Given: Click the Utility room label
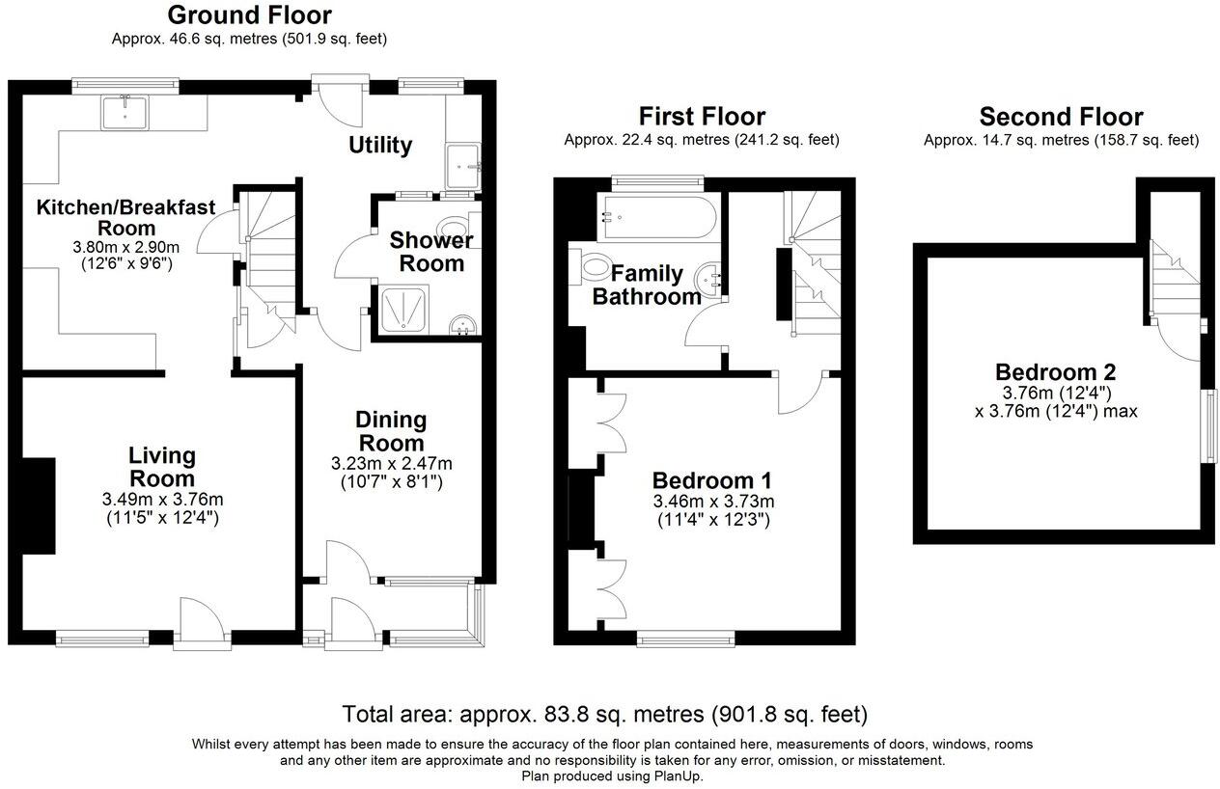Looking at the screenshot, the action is tap(380, 146).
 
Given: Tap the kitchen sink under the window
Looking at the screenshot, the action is tap(125, 112).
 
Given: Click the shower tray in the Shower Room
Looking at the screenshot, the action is tap(404, 310).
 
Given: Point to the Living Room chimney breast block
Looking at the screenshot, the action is tap(39, 505).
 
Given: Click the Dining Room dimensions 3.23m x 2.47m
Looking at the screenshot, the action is tap(391, 464).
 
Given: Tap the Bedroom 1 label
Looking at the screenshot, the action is tap(712, 480).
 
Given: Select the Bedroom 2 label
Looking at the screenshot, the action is tap(1056, 372).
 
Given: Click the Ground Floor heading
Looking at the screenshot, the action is tap(249, 15).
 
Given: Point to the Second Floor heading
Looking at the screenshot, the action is tap(1061, 117).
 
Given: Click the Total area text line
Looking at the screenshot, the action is tap(604, 715).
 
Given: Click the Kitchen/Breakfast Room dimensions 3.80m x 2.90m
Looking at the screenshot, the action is tap(125, 247).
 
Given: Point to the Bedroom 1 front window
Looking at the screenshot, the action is tap(685, 639).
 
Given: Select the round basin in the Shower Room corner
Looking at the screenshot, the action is tap(463, 325).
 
